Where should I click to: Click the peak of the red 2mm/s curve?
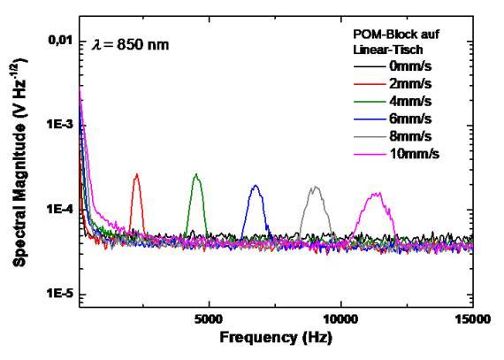pos(137,174)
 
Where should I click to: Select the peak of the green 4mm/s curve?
pos(195,174)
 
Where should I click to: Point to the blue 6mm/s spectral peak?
pos(256,186)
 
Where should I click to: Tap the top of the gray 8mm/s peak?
pos(316,187)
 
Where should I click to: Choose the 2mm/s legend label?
pos(410,84)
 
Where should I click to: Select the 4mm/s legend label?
pos(410,102)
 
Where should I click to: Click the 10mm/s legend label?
pos(415,154)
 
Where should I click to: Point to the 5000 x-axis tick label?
pos(209,319)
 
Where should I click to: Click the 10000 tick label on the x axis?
pos(340,319)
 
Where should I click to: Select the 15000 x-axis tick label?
pos(472,319)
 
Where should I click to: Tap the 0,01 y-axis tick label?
pos(60,41)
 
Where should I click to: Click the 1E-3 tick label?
pos(60,125)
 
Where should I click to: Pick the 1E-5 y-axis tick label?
pos(60,294)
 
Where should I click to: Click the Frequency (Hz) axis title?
pos(276,338)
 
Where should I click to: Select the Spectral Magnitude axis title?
pos(20,163)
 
